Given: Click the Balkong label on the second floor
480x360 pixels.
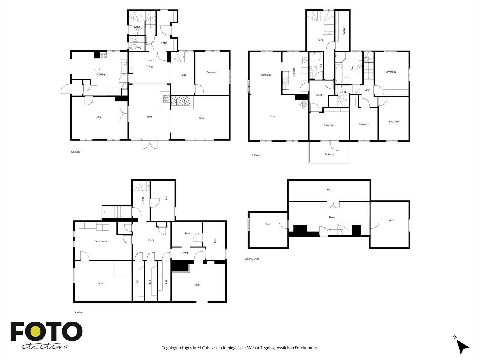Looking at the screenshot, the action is pos(329,154).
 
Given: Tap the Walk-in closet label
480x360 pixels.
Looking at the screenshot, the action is pos(344,30).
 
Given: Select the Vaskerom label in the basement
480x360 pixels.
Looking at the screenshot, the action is pos(101,241).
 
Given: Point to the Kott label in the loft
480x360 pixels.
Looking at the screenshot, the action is pos(329,190).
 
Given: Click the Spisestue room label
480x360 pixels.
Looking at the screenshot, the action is pos(266,75).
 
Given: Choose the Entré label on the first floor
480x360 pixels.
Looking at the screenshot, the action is pos(164,43).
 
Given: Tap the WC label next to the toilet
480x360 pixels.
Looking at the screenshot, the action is pos(139,48).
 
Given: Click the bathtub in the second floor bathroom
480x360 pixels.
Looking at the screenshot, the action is pos(339,74).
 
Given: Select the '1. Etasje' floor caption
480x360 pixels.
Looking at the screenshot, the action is pos(75,152).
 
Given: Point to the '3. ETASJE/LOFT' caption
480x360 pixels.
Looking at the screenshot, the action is pos(253,259).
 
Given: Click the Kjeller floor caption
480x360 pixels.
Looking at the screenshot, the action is pos(79,313).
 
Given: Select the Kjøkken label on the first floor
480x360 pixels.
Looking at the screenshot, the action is pos(102,74).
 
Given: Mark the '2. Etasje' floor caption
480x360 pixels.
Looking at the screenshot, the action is pos(256,155).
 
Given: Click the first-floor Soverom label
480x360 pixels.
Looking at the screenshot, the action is pos(212,72).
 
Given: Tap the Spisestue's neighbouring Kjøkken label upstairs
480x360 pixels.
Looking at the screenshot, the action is pos(294,72).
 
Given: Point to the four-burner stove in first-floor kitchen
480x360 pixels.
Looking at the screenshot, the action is pos(103,55).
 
